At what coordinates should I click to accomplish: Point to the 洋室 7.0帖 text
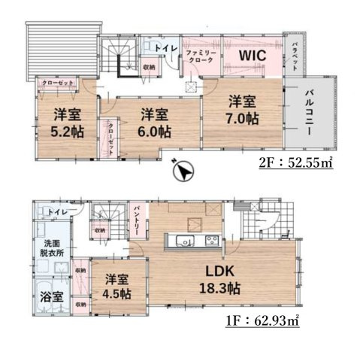tap(241, 109)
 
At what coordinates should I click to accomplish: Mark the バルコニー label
tap(309, 114)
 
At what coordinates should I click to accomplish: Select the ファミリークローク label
tap(201, 56)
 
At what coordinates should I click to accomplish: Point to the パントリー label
tap(138, 219)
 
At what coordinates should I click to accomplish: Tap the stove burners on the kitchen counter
tap(210, 241)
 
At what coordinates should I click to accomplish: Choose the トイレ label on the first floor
tap(57, 213)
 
